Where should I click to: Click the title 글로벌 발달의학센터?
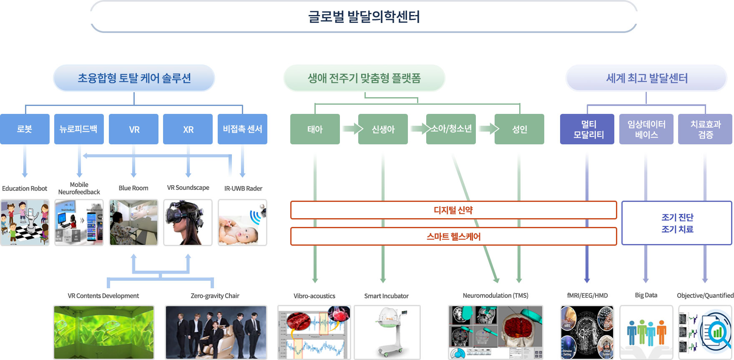pyautogui.click(x=364, y=17)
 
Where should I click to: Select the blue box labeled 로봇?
pyautogui.click(x=25, y=129)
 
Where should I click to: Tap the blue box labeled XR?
pyautogui.click(x=188, y=129)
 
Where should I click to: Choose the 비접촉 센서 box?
pyautogui.click(x=242, y=129)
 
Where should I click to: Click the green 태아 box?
pyautogui.click(x=315, y=129)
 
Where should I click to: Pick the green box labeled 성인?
pyautogui.click(x=519, y=129)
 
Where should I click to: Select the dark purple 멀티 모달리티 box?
pyautogui.click(x=587, y=129)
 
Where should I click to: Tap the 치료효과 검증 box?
pyautogui.click(x=705, y=129)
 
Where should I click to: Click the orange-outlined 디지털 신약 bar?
pyautogui.click(x=453, y=210)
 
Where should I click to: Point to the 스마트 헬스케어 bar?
pyautogui.click(x=453, y=237)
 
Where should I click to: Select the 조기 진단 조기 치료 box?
pyautogui.click(x=676, y=223)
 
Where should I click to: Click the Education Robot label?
pyautogui.click(x=25, y=189)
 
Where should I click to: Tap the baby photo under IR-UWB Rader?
pyautogui.click(x=242, y=223)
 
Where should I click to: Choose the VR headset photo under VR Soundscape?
pyautogui.click(x=188, y=223)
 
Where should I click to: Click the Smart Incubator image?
pyautogui.click(x=387, y=332)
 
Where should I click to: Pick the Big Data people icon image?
pyautogui.click(x=646, y=332)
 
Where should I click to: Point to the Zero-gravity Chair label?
pyautogui.click(x=215, y=296)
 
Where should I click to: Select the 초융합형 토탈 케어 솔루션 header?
pyautogui.click(x=134, y=78)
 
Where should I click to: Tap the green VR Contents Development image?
pyautogui.click(x=104, y=332)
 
